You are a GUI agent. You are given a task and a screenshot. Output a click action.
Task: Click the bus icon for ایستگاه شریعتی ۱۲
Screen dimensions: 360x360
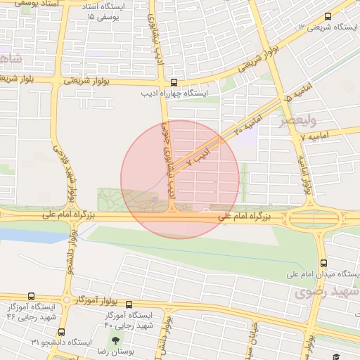pyautogui.click(x=328, y=17)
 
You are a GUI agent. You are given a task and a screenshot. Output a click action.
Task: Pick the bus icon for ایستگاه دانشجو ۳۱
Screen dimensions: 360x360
pyautogui.click(x=61, y=332)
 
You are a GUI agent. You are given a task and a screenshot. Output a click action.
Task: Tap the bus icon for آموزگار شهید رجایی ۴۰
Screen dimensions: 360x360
pyautogui.click(x=128, y=304)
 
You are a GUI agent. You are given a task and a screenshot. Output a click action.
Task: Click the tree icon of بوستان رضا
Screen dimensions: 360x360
pyautogui.click(x=117, y=341)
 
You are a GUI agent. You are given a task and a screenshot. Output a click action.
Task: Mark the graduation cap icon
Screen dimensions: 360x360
pyautogui.click(x=337, y=356)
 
